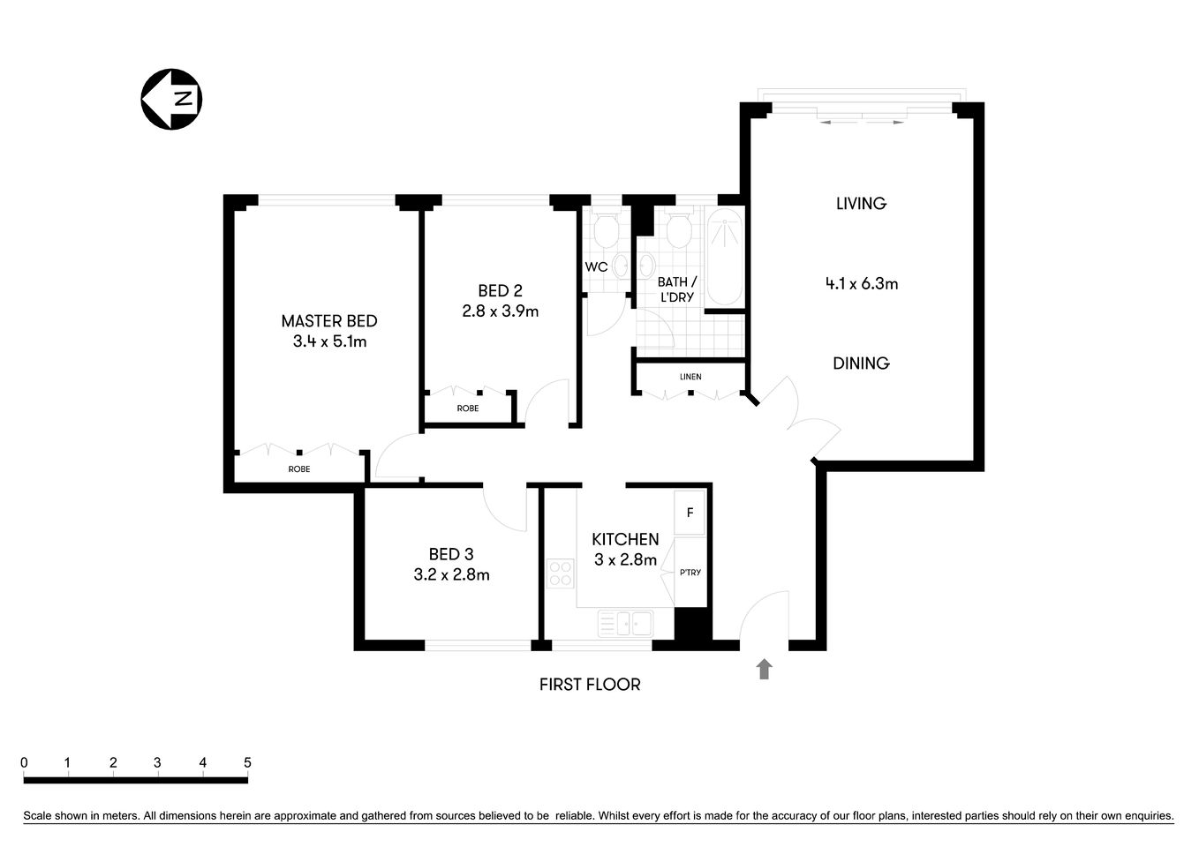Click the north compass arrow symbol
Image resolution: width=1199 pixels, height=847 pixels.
(171, 99)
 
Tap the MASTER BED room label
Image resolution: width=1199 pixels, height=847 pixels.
(328, 321)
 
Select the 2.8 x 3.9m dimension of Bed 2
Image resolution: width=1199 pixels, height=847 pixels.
(500, 311)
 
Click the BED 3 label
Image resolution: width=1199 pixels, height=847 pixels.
(451, 554)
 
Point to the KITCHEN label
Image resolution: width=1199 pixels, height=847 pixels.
(625, 539)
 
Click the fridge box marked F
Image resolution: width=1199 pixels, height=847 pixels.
(690, 513)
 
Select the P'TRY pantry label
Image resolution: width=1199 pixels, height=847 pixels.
(690, 573)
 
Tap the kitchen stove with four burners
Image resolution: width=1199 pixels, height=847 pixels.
(560, 573)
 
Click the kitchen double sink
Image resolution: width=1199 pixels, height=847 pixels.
(625, 624)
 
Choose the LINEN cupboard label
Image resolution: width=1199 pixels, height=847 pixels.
(690, 377)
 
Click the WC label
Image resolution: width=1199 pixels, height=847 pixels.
(596, 266)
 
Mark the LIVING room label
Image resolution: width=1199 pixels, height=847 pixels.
(861, 204)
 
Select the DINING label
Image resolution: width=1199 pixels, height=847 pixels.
(861, 363)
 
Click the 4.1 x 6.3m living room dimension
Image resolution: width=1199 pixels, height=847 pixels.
(861, 284)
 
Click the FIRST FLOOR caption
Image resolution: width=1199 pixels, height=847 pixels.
(590, 685)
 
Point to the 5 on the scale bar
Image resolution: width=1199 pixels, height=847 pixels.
(247, 763)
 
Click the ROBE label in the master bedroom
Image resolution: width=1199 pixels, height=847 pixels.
(299, 469)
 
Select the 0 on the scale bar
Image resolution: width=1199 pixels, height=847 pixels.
(24, 763)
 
